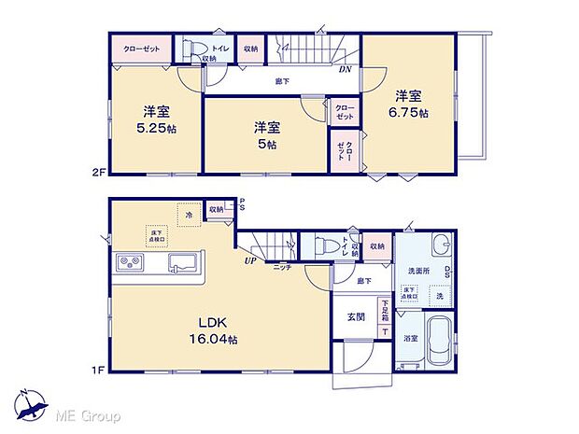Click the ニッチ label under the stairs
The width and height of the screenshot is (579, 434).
coord(281,268)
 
